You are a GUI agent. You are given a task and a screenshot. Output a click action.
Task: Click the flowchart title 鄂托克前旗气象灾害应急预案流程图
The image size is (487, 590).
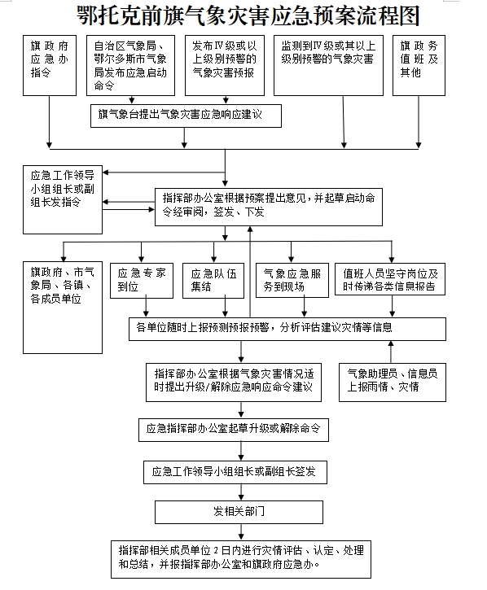[x=248, y=15]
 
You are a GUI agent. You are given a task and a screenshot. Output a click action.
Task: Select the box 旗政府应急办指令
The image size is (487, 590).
[x=50, y=65]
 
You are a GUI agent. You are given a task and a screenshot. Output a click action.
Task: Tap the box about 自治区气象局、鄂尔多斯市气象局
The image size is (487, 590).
[x=130, y=65]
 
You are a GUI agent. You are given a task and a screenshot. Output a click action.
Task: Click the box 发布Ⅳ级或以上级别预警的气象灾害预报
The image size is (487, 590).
[x=225, y=65]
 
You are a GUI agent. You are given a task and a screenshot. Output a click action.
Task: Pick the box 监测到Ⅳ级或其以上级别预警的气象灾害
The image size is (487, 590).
[x=328, y=65]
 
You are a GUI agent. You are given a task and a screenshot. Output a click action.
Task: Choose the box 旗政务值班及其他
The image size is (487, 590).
[x=419, y=65]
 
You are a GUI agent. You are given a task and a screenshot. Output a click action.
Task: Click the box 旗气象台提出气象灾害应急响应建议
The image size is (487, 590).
[x=186, y=116]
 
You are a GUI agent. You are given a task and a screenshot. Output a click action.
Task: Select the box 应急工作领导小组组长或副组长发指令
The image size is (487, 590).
[x=63, y=200]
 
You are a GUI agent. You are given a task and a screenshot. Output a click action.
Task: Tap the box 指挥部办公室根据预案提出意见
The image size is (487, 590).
[x=269, y=207]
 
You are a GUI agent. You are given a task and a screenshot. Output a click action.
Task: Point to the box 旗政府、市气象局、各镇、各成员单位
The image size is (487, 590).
[x=63, y=308]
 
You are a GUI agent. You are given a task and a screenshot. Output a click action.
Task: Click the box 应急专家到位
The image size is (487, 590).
[x=142, y=281]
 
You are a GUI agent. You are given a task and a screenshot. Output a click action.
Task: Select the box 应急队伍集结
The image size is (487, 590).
[x=213, y=281]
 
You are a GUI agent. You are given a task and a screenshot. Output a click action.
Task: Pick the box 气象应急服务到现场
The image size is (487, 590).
[x=292, y=280]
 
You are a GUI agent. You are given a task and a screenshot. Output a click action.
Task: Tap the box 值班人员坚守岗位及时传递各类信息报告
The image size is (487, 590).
[x=390, y=279]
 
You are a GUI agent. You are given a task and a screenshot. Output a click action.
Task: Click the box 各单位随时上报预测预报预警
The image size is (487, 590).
[x=287, y=330]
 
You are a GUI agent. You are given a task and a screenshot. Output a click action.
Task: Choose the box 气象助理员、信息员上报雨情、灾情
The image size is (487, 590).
[x=393, y=382]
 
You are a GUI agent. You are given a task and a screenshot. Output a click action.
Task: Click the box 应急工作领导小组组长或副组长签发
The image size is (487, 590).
[x=235, y=472]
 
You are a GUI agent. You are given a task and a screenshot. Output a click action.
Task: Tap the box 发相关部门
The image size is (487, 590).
[x=239, y=512]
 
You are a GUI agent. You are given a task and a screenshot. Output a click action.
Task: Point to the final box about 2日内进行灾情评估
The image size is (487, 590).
[x=241, y=560]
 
